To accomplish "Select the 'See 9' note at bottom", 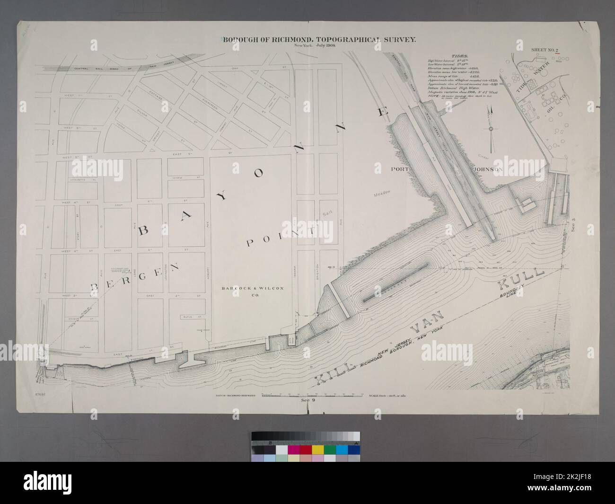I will (308, 400).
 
